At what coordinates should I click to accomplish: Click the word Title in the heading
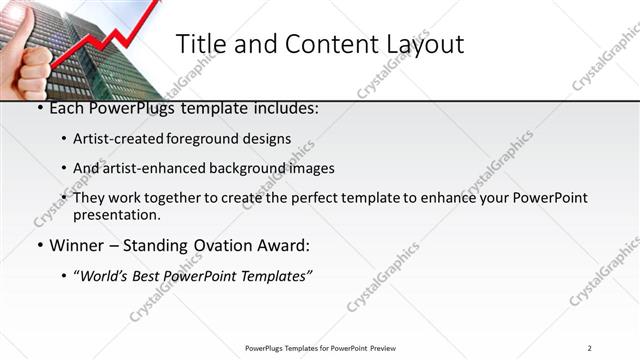(x=199, y=44)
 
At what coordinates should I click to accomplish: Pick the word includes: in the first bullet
(x=284, y=108)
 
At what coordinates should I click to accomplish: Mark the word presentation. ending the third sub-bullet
(x=117, y=214)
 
